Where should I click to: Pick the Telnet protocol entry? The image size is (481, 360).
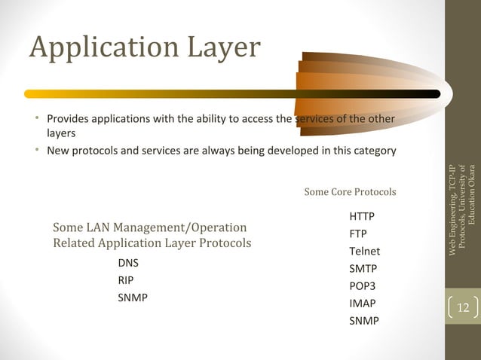point(364,251)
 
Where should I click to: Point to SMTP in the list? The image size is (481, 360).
point(363,268)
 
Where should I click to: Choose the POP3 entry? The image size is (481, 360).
point(362,286)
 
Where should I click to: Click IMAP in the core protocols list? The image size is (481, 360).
point(362,304)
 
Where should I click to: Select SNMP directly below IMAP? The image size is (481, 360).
point(364,321)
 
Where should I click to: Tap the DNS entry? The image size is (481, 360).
point(128,263)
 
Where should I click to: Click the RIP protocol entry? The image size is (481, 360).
point(126,280)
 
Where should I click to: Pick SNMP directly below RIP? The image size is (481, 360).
point(133,297)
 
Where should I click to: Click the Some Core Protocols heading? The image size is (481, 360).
point(350,192)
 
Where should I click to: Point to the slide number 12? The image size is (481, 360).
point(463,307)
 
